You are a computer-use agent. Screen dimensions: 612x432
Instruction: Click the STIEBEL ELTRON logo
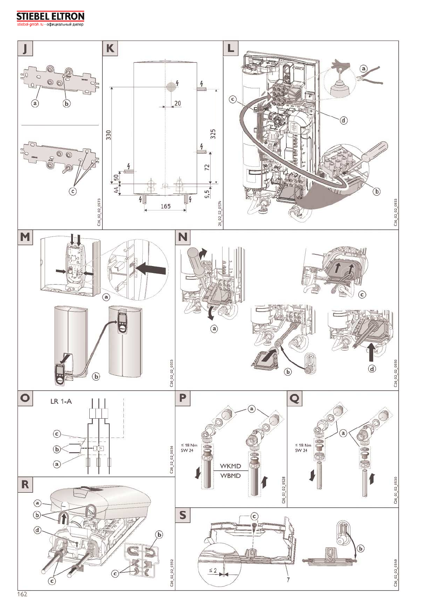tap(50, 17)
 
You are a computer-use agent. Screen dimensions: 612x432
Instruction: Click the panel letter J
tap(25, 48)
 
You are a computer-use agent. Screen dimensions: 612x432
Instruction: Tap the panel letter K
tap(110, 48)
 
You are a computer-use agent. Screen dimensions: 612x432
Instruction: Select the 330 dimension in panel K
tap(109, 135)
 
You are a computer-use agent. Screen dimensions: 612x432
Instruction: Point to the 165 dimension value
tap(166, 206)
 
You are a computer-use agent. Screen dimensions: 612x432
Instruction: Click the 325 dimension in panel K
tap(213, 134)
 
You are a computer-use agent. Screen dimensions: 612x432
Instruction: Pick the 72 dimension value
tap(207, 168)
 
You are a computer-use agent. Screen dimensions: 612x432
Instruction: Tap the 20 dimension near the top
tap(178, 104)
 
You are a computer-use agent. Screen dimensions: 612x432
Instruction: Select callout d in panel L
tap(343, 120)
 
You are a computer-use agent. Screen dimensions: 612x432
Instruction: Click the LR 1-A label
tap(61, 402)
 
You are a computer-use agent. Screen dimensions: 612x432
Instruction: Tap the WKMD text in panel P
tap(230, 466)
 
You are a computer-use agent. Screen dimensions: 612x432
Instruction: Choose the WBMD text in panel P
tap(230, 476)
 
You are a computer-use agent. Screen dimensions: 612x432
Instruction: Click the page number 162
tap(22, 594)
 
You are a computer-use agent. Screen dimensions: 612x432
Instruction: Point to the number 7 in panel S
tap(288, 579)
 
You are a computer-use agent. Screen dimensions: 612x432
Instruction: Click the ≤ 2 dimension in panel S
tap(213, 570)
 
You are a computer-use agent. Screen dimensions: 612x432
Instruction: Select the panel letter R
tap(25, 484)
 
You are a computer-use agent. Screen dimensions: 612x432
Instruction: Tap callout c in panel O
tap(57, 434)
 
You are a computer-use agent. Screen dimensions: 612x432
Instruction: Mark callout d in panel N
tap(372, 369)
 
